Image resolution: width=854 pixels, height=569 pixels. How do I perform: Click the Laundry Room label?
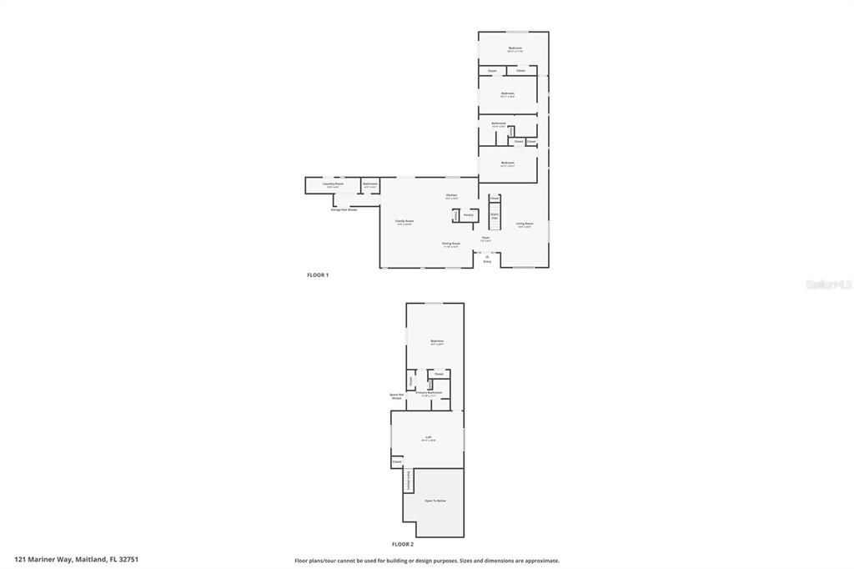point(334,184)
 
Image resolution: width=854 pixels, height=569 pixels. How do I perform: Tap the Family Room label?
point(404,221)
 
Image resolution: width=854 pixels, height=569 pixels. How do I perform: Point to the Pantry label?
point(469,214)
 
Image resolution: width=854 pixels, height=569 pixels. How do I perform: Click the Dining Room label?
point(451,244)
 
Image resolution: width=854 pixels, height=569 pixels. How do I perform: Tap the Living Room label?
point(524,223)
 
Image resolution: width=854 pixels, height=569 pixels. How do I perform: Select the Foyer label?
point(485,238)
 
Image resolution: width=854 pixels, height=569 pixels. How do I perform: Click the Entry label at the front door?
point(487,262)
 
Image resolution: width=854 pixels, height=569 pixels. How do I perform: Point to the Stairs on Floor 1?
point(495,216)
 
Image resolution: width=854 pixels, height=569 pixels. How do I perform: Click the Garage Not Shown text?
point(344,209)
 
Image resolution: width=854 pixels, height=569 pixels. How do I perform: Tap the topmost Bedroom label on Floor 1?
point(515,48)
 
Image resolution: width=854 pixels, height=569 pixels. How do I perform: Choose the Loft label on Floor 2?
point(429,437)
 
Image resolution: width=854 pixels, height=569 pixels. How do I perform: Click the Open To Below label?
point(435,501)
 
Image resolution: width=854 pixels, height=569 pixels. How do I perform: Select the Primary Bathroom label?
point(429,392)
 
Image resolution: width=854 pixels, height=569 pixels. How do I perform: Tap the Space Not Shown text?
point(397,395)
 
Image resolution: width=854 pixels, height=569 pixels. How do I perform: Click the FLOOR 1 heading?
point(318,274)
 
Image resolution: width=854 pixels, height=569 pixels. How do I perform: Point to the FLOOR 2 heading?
point(403,544)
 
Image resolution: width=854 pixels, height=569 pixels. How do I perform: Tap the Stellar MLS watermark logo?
point(828,284)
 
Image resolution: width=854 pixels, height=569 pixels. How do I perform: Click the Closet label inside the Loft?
point(397,461)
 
